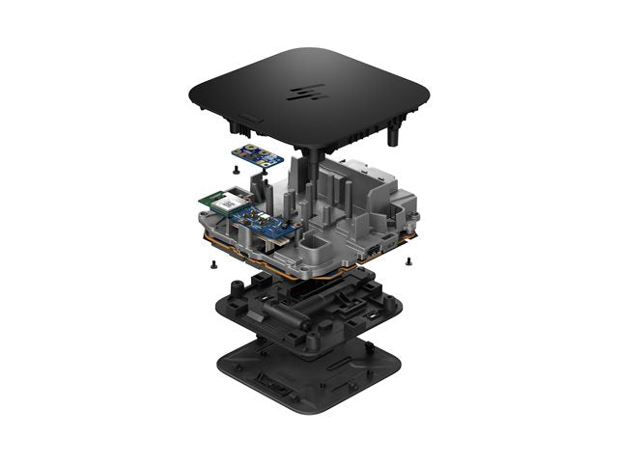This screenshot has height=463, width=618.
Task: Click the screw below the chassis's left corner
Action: click(x=208, y=261)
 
